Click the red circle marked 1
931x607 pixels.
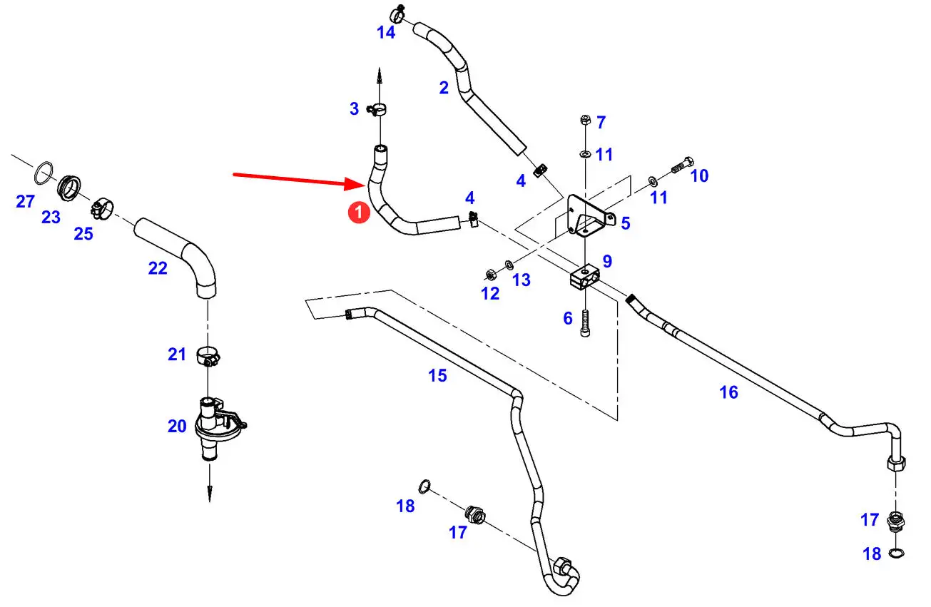tap(359, 212)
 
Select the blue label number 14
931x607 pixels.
tap(386, 33)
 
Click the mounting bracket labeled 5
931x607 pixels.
tap(586, 215)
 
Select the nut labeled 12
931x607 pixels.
tap(490, 273)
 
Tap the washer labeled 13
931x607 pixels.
tap(507, 265)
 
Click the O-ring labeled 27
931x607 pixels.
tap(44, 171)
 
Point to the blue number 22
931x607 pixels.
tap(158, 268)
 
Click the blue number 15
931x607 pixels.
tap(437, 375)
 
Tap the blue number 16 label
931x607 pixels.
tap(728, 392)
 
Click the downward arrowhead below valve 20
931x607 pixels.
tap(210, 494)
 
